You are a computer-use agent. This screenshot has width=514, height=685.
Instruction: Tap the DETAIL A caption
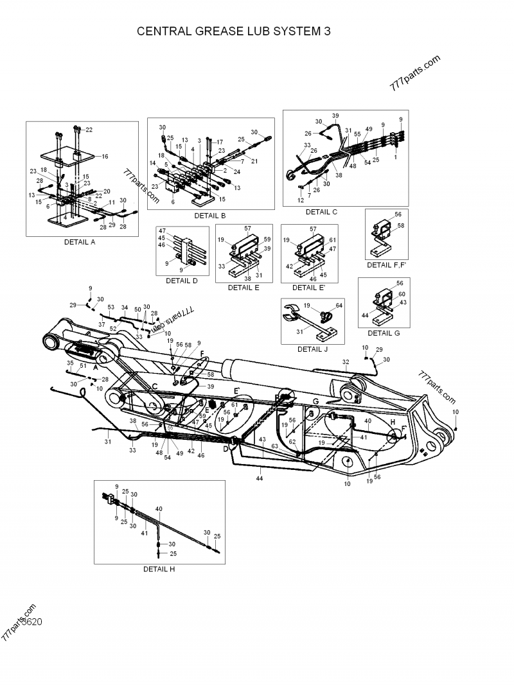(x=80, y=242)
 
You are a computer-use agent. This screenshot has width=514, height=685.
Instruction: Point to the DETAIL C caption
(x=321, y=212)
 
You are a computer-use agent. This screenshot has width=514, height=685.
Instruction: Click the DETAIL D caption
(x=182, y=281)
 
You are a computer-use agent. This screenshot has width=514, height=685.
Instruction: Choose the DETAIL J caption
(x=313, y=349)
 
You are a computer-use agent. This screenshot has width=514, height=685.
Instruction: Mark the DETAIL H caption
(x=159, y=569)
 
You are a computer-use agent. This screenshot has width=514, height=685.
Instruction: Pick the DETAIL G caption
(x=384, y=333)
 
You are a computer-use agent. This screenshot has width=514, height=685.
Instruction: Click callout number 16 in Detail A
(x=105, y=156)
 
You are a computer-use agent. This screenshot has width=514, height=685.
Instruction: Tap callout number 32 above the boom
(x=345, y=363)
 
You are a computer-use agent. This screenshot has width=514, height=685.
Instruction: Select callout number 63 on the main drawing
(x=274, y=445)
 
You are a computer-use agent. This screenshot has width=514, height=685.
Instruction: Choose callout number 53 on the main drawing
(x=111, y=307)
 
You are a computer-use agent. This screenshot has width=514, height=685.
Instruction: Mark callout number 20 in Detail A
(x=107, y=191)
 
